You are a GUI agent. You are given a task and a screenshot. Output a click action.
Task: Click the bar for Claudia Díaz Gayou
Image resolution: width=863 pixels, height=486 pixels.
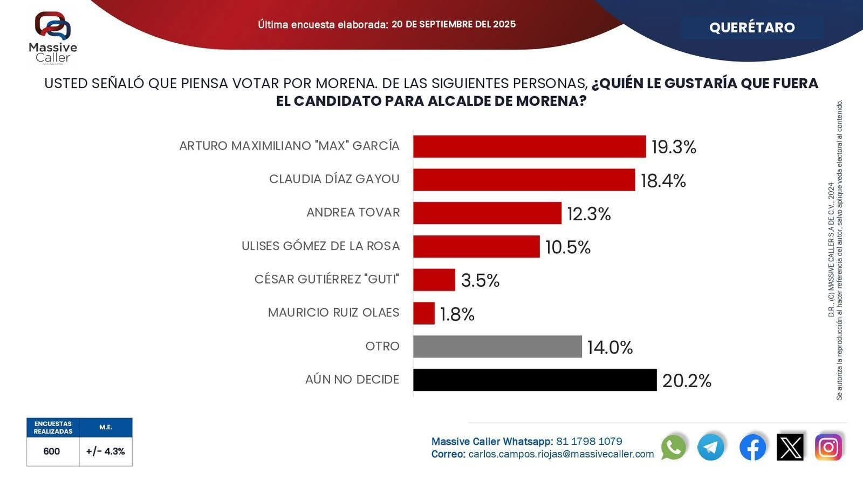tap(524, 180)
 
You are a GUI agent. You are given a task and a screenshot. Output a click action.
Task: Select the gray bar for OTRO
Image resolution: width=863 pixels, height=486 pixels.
tap(497, 347)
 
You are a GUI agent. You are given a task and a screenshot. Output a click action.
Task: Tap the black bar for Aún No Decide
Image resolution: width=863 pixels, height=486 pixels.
tap(535, 380)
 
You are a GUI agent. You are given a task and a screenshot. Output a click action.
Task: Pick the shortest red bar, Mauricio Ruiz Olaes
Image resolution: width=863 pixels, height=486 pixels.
tap(424, 313)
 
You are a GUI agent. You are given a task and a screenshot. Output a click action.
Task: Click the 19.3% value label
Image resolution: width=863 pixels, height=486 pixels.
tap(674, 147)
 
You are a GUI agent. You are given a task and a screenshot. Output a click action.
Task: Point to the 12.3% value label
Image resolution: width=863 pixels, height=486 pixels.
tap(588, 214)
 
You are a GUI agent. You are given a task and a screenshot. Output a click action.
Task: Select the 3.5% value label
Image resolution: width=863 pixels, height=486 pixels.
tap(480, 280)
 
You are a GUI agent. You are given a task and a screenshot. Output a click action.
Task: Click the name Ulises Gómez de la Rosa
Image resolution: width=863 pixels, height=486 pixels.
tap(320, 246)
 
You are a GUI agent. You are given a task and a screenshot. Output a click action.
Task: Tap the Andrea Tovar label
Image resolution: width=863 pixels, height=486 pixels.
tap(353, 213)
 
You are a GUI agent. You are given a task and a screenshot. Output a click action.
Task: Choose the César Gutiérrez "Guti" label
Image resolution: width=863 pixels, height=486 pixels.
tap(327, 280)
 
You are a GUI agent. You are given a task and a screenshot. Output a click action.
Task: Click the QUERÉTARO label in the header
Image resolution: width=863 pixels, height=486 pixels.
tap(752, 28)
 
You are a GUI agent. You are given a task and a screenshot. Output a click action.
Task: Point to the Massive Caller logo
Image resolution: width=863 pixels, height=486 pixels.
tap(53, 38)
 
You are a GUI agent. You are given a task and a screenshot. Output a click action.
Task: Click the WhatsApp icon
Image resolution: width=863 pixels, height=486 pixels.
tap(673, 447)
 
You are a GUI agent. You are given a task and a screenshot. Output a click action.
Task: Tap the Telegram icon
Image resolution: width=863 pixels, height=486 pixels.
tap(711, 447)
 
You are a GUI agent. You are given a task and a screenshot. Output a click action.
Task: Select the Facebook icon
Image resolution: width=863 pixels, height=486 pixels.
tap(752, 447)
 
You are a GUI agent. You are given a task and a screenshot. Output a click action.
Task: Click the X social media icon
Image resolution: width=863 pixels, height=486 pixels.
tap(790, 447)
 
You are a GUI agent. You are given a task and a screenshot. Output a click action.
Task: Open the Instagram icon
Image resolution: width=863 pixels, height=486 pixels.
tap(828, 447)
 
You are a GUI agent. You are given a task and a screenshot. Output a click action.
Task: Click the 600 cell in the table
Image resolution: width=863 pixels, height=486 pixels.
tap(52, 451)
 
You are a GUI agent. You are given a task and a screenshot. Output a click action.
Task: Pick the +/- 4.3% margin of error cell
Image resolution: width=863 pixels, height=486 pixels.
tap(105, 451)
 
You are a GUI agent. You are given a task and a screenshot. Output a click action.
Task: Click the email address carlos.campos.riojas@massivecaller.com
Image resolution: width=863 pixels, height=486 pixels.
tap(561, 454)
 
